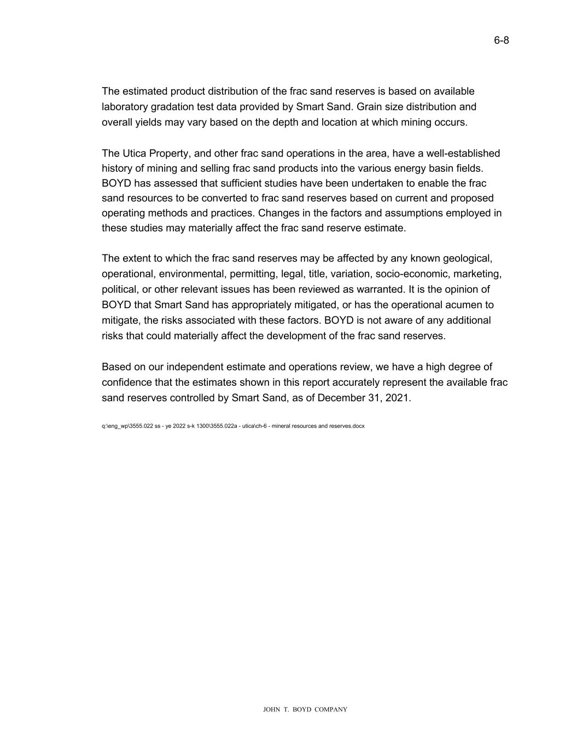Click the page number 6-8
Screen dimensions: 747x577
[x=501, y=40]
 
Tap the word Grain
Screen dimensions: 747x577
[x=369, y=107]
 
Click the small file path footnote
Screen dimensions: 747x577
[x=233, y=426]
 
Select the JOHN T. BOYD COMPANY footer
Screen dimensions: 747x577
[x=305, y=710]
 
